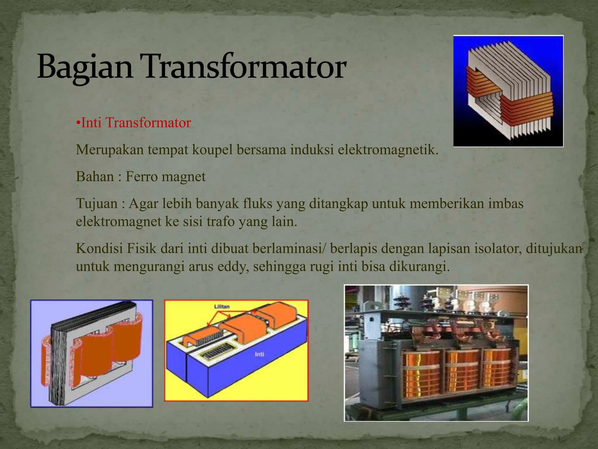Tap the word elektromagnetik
point(388,150)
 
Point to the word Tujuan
point(97,203)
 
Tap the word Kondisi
point(99,248)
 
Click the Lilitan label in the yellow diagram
point(222,306)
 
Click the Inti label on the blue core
point(259,354)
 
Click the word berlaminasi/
point(289,248)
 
